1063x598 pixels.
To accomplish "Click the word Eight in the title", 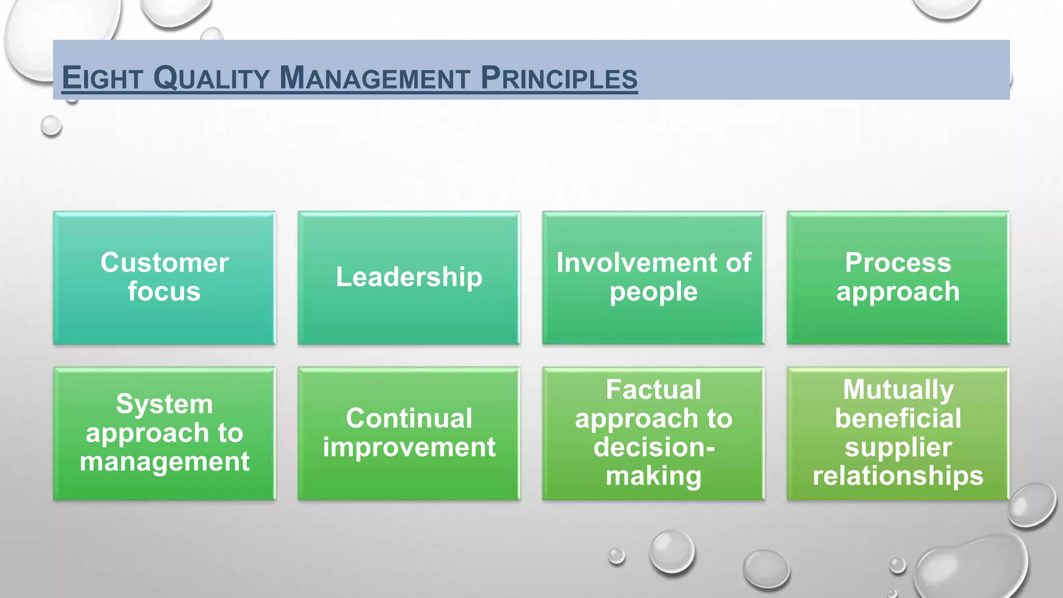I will pyautogui.click(x=102, y=78).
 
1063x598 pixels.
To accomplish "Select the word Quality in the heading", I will pyautogui.click(x=211, y=78).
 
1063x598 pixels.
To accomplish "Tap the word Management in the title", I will pyautogui.click(x=374, y=78).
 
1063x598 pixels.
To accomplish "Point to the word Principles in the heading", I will pyautogui.click(x=559, y=78).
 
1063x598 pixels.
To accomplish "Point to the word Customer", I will pyautogui.click(x=165, y=262).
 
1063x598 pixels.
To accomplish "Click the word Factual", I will pyautogui.click(x=653, y=389).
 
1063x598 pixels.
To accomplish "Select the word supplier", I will pyautogui.click(x=898, y=447).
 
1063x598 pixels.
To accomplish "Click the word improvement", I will pyautogui.click(x=409, y=447).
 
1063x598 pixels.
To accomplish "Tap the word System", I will pyautogui.click(x=165, y=404).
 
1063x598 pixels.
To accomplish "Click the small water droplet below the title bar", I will pyautogui.click(x=51, y=126).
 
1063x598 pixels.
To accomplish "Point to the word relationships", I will pyautogui.click(x=898, y=476).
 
